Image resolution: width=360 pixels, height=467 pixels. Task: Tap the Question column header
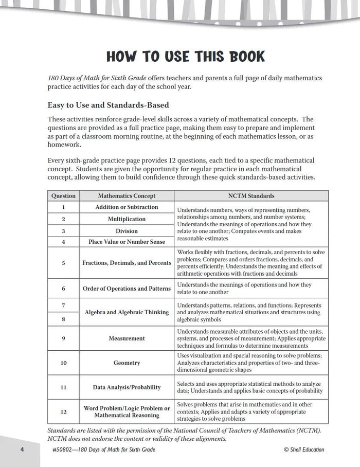(x=63, y=196)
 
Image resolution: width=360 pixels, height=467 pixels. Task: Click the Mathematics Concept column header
(x=127, y=196)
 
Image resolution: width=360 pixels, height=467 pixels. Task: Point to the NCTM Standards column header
(x=251, y=196)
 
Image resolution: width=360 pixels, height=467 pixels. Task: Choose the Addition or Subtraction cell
(x=127, y=207)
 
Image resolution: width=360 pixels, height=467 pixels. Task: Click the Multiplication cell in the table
(x=127, y=219)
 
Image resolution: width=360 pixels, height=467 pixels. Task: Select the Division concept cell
(x=127, y=231)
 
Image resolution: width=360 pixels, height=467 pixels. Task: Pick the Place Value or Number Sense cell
(x=127, y=242)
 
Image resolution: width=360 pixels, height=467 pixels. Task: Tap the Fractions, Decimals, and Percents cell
(x=127, y=263)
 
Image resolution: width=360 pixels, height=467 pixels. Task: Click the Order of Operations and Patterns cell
(x=127, y=289)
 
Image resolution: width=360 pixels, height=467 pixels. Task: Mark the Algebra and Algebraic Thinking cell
(x=127, y=312)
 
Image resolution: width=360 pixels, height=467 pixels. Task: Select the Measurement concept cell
(x=127, y=338)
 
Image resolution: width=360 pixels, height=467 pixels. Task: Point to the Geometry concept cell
(x=127, y=363)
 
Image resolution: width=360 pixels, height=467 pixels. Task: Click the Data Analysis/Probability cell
(x=127, y=387)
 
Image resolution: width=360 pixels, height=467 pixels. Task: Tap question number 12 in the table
(x=63, y=412)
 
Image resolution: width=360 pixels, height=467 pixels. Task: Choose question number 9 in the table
(x=63, y=338)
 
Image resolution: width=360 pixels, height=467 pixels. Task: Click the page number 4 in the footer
(x=22, y=450)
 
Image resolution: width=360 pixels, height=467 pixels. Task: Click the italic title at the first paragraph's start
(x=97, y=78)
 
